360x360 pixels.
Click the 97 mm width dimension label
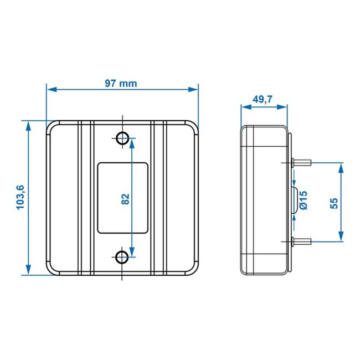121,84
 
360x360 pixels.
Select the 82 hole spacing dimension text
126,198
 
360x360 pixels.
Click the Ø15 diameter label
304,201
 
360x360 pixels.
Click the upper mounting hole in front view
121,137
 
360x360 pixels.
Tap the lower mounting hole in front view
121,256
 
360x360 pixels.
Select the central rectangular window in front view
122,197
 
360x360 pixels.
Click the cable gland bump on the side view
295,202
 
